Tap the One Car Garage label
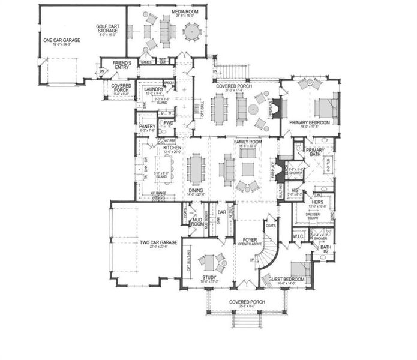(58, 40)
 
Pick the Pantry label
(147, 127)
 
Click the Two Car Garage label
(158, 242)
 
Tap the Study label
(209, 277)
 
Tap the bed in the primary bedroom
(325, 107)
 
